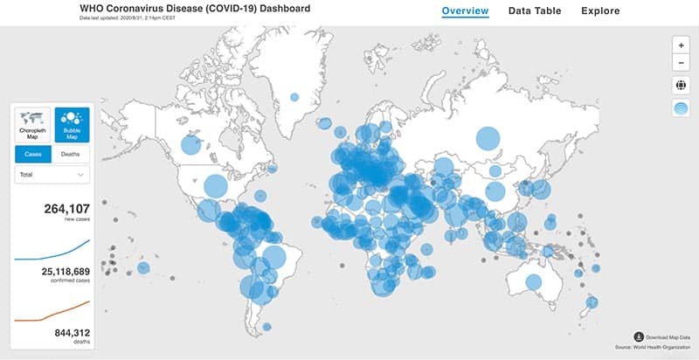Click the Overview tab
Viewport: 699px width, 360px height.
[465, 11]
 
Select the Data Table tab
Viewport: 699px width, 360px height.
[535, 11]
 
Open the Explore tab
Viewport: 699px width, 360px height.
[599, 11]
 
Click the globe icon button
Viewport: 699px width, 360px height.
[681, 85]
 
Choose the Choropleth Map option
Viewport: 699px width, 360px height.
[33, 126]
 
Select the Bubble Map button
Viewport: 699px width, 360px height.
[71, 126]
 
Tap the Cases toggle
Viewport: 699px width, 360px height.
[33, 155]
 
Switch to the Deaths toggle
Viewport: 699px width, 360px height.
[71, 155]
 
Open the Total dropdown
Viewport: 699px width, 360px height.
[52, 176]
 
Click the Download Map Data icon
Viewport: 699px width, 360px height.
[640, 336]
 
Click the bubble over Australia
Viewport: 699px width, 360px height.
[531, 281]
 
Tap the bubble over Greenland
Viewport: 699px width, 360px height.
[294, 98]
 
